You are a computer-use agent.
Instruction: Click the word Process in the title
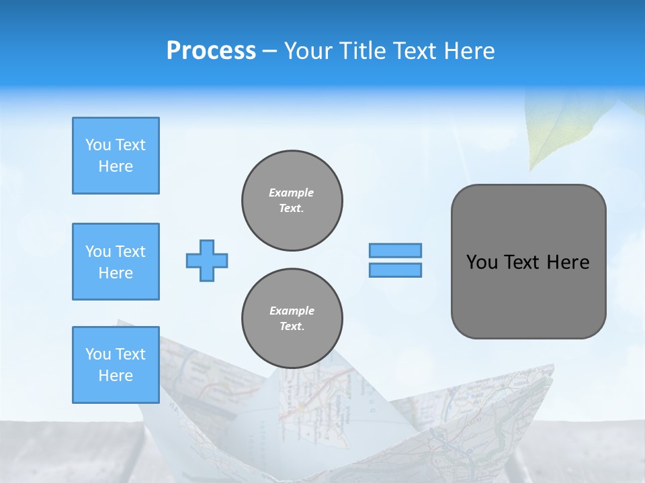[211, 51]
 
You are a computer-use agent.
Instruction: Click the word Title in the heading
[360, 51]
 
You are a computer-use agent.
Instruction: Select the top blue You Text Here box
[116, 156]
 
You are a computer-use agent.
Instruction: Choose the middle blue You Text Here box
[116, 262]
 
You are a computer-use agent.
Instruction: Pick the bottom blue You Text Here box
[116, 365]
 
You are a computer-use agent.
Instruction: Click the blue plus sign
[207, 260]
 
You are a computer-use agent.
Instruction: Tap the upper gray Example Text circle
[292, 201]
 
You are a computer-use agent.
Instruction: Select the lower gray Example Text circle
[292, 319]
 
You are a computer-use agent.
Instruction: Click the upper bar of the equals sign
[395, 250]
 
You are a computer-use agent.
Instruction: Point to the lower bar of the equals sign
[395, 270]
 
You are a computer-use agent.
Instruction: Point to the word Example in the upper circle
[292, 193]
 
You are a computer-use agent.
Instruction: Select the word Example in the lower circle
[292, 311]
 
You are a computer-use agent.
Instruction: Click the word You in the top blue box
[98, 145]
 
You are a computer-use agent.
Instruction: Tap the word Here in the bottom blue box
[116, 376]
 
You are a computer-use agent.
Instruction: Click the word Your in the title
[308, 51]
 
